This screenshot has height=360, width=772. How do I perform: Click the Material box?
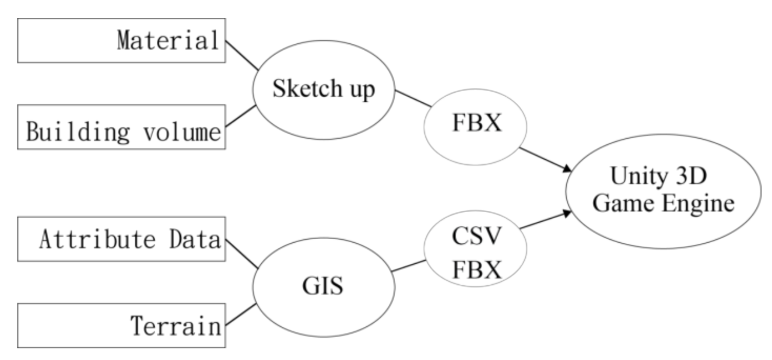coord(122,41)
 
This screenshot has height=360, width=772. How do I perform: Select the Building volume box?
coord(122,127)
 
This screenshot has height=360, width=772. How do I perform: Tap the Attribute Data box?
coord(122,239)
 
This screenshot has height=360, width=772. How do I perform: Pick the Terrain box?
coord(122,325)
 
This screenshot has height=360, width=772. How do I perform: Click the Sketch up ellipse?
coord(323,90)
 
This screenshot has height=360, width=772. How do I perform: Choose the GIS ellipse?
coord(323,287)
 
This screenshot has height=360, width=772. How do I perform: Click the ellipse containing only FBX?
coord(475,127)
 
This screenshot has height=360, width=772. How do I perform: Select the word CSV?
coord(476,236)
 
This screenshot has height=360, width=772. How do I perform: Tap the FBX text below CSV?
coord(476,269)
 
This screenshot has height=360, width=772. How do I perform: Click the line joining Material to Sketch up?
coord(242,56)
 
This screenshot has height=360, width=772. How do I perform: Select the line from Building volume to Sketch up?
coord(241,116)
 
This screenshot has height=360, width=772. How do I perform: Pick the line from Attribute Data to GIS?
coord(242,254)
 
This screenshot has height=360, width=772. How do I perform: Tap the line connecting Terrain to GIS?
coord(241,315)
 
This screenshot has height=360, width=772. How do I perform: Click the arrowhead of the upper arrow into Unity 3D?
coord(568,169)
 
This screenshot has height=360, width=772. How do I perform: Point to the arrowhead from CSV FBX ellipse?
coord(568,213)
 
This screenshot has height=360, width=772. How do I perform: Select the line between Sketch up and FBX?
coord(413,98)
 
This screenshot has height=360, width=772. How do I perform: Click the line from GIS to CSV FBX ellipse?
coord(409,266)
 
